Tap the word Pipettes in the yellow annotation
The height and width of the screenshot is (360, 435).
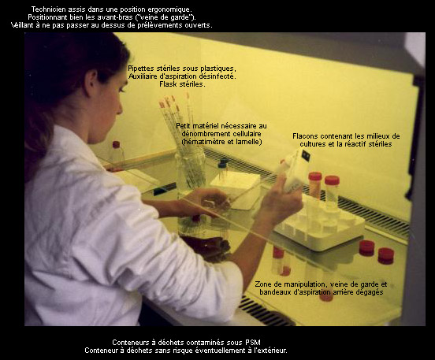(x=140, y=69)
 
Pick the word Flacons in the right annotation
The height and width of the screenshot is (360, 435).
(x=303, y=136)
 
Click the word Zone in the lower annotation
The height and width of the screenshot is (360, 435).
(x=262, y=284)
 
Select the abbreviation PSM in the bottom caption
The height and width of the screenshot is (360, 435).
(x=253, y=343)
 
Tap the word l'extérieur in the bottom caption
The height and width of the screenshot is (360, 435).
(x=272, y=351)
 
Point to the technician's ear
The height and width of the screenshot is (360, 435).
(x=91, y=84)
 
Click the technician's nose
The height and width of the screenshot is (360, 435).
(x=120, y=107)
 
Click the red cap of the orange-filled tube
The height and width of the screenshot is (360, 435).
(x=315, y=176)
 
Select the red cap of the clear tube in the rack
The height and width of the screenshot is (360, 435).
(x=332, y=180)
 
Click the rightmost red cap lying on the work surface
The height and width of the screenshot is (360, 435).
(x=386, y=255)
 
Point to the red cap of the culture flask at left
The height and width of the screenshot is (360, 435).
(x=117, y=144)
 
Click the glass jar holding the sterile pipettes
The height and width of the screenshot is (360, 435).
(x=191, y=169)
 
